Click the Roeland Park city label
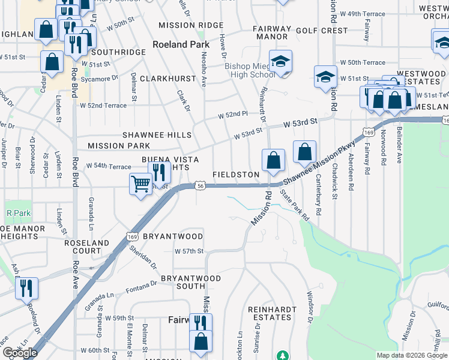coord(181,44)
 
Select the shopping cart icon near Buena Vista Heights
coord(140,184)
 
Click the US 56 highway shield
coord(200,187)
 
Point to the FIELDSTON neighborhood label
coord(236,175)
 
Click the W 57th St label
coord(189,251)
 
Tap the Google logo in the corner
coord(20,353)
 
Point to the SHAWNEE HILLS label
coord(157,135)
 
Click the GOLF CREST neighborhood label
coord(321,31)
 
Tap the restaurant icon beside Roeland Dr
coord(27,288)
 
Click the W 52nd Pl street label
coord(232,114)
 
